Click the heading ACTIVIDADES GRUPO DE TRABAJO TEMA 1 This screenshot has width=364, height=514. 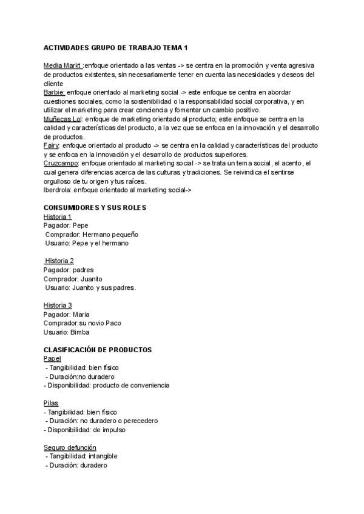click(116, 47)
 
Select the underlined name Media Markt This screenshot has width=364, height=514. click(62, 65)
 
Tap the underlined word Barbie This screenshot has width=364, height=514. click(54, 92)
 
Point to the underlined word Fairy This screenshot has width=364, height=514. click(52, 145)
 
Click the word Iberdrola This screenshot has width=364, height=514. click(58, 190)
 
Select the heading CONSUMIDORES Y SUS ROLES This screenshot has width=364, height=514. click(95, 207)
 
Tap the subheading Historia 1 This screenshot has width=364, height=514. click(58, 216)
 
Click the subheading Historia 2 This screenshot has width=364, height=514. click(59, 261)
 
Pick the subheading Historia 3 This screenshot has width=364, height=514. click(58, 305)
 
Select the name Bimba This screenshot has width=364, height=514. click(81, 332)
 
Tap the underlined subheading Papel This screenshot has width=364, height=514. click(52, 359)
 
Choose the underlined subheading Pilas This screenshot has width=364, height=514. click(52, 403)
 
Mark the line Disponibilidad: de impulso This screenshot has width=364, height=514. click(85, 430)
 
